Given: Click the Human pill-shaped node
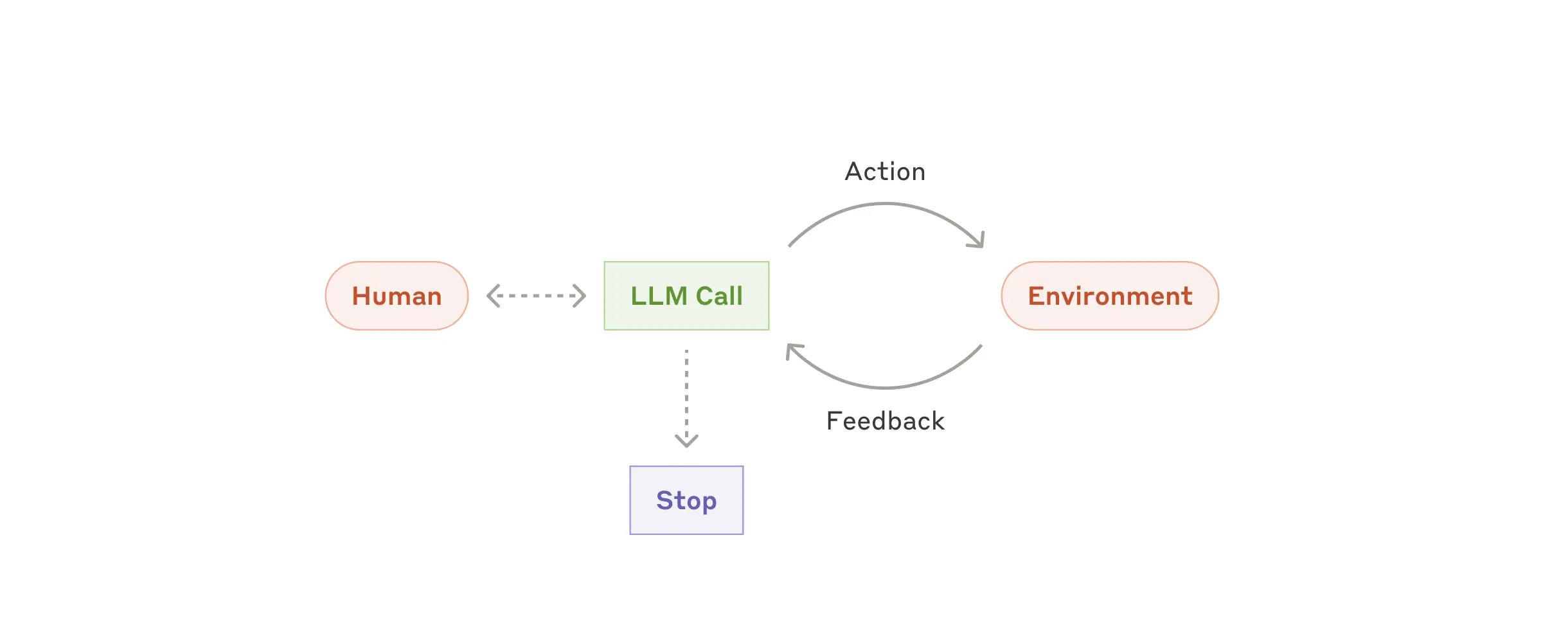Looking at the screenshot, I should pyautogui.click(x=397, y=296).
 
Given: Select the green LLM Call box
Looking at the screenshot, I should pyautogui.click(x=686, y=296).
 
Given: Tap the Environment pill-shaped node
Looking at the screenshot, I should pyautogui.click(x=1110, y=296).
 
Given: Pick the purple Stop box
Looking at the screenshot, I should pyautogui.click(x=686, y=500).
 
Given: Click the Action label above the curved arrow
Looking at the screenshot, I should pyautogui.click(x=885, y=172).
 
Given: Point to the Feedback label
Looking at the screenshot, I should pyautogui.click(x=885, y=421).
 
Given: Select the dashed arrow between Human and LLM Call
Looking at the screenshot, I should pyautogui.click(x=536, y=296).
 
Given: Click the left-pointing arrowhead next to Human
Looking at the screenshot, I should pyautogui.click(x=492, y=296).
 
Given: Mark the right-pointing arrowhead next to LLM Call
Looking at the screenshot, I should pyautogui.click(x=580, y=296).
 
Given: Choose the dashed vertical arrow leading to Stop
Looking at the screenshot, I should pyautogui.click(x=686, y=392).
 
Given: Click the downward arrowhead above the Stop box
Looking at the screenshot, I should pyautogui.click(x=686, y=442).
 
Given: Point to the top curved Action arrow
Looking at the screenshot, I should pyautogui.click(x=885, y=204).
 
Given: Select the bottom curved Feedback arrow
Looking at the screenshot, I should pyautogui.click(x=885, y=388).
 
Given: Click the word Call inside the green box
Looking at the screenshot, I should pyautogui.click(x=719, y=296).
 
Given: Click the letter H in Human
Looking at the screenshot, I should pyautogui.click(x=362, y=296).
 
